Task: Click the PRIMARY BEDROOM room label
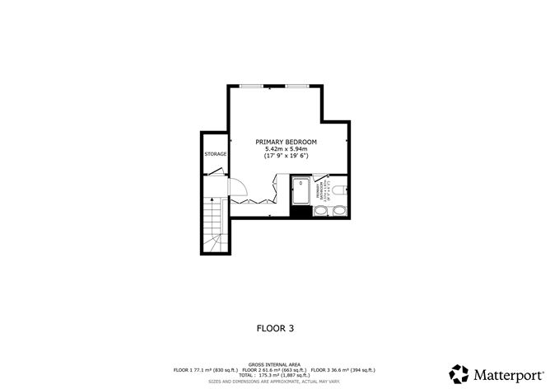[286, 142]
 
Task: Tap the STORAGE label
[215, 154]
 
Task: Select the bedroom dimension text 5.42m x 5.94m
[286, 148]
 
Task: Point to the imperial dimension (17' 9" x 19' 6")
[286, 156]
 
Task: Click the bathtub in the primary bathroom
[301, 191]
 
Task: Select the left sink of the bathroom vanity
[319, 211]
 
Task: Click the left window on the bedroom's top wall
[252, 86]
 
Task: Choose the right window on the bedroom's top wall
[297, 86]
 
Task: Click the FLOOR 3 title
[275, 327]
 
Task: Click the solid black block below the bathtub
[301, 212]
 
